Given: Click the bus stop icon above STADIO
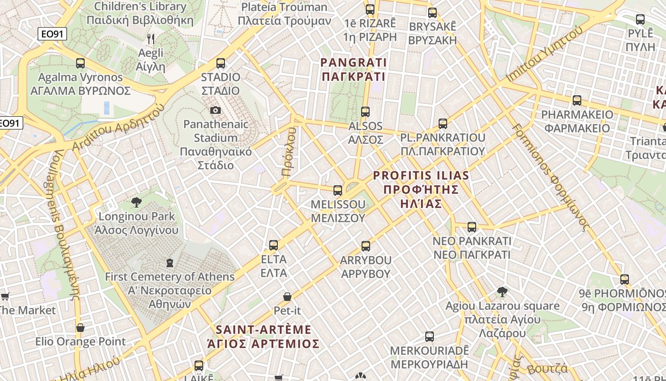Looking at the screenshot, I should [220, 63].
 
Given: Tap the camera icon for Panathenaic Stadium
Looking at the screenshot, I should [215, 110].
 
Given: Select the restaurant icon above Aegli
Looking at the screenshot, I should [151, 39].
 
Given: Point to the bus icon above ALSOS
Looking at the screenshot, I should [365, 112].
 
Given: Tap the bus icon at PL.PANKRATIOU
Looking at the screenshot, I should [442, 124].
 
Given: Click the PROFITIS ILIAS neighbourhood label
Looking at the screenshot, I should [421, 190].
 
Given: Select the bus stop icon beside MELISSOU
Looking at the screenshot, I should [338, 190].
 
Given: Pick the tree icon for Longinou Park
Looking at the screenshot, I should [137, 202].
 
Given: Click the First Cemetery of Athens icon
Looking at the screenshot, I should [170, 262].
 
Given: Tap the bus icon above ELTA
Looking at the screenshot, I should [274, 245].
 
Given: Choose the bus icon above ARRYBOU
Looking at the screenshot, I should [365, 246].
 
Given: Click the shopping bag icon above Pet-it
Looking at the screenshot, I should [287, 297].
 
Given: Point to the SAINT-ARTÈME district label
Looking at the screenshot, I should [264, 336].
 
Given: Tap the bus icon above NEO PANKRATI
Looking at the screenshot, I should [471, 227].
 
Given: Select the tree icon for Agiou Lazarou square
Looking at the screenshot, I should [502, 291].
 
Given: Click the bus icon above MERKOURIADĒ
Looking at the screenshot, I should [429, 337].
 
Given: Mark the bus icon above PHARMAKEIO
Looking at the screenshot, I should [577, 100].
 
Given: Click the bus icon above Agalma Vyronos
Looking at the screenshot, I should [80, 63].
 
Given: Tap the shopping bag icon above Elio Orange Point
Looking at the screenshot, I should [80, 328].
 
